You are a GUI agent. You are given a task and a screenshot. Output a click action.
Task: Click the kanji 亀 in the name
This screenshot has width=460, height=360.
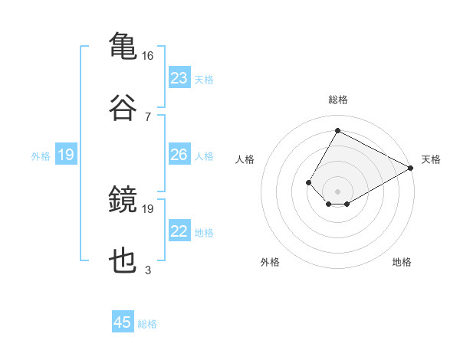(x=123, y=46)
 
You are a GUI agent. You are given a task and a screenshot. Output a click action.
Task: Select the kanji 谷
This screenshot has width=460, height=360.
(x=123, y=107)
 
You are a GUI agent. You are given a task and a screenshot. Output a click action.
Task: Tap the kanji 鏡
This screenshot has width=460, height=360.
(x=123, y=198)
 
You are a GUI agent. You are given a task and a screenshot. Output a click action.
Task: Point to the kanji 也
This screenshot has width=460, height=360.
(x=123, y=260)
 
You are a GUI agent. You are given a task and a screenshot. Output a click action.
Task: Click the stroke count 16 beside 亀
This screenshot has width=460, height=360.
(x=147, y=56)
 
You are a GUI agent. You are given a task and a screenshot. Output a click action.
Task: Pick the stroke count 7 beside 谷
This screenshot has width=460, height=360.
(x=148, y=117)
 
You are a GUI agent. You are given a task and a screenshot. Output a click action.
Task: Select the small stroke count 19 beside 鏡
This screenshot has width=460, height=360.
(x=147, y=209)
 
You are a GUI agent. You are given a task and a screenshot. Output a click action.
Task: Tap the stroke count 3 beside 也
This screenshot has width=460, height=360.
(x=148, y=270)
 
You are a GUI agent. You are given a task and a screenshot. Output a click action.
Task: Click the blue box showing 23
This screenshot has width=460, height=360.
(x=179, y=77)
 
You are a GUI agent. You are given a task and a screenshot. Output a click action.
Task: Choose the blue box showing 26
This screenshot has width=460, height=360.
(x=179, y=154)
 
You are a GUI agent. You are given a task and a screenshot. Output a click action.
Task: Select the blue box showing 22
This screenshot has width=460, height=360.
(x=179, y=230)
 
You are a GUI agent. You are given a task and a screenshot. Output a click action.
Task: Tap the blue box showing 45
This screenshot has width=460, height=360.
(x=123, y=321)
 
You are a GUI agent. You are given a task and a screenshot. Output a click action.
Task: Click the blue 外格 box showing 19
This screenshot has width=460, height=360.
(x=66, y=154)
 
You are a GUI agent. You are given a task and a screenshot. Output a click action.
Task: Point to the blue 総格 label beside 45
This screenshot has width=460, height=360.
(x=147, y=324)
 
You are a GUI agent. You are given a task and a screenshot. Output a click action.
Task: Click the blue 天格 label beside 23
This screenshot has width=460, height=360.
(x=204, y=80)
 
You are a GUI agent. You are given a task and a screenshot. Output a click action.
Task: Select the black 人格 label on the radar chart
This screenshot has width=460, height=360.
(x=245, y=159)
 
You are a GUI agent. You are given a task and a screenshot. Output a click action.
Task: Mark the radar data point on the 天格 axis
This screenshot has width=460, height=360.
(x=411, y=168)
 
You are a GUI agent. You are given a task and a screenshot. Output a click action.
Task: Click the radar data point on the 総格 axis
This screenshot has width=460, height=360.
(x=337, y=130)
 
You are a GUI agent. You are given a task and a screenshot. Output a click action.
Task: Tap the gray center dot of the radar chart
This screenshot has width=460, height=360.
(x=337, y=191)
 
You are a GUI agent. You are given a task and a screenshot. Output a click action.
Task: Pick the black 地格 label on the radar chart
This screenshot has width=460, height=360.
(x=402, y=262)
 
